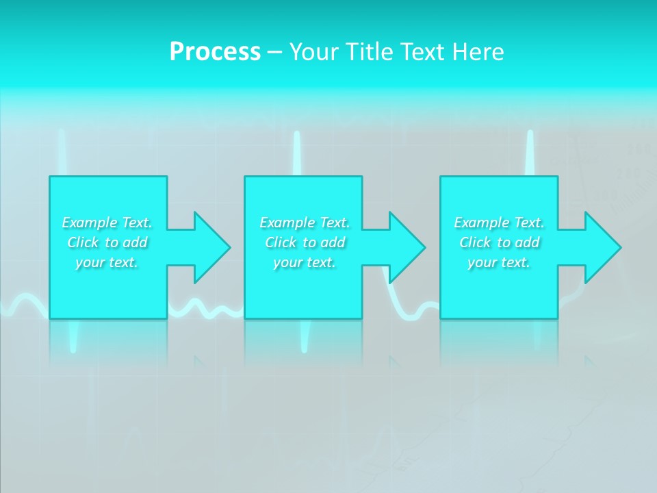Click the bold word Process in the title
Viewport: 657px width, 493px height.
pyautogui.click(x=215, y=51)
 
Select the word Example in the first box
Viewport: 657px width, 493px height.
pyautogui.click(x=90, y=223)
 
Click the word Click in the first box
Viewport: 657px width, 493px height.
pyautogui.click(x=83, y=242)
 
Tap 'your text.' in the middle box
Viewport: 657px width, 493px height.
pyautogui.click(x=304, y=262)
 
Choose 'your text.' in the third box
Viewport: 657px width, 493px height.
pyautogui.click(x=498, y=262)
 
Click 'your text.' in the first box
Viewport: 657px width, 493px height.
pyautogui.click(x=107, y=262)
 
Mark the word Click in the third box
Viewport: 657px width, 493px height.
pyautogui.click(x=475, y=242)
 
